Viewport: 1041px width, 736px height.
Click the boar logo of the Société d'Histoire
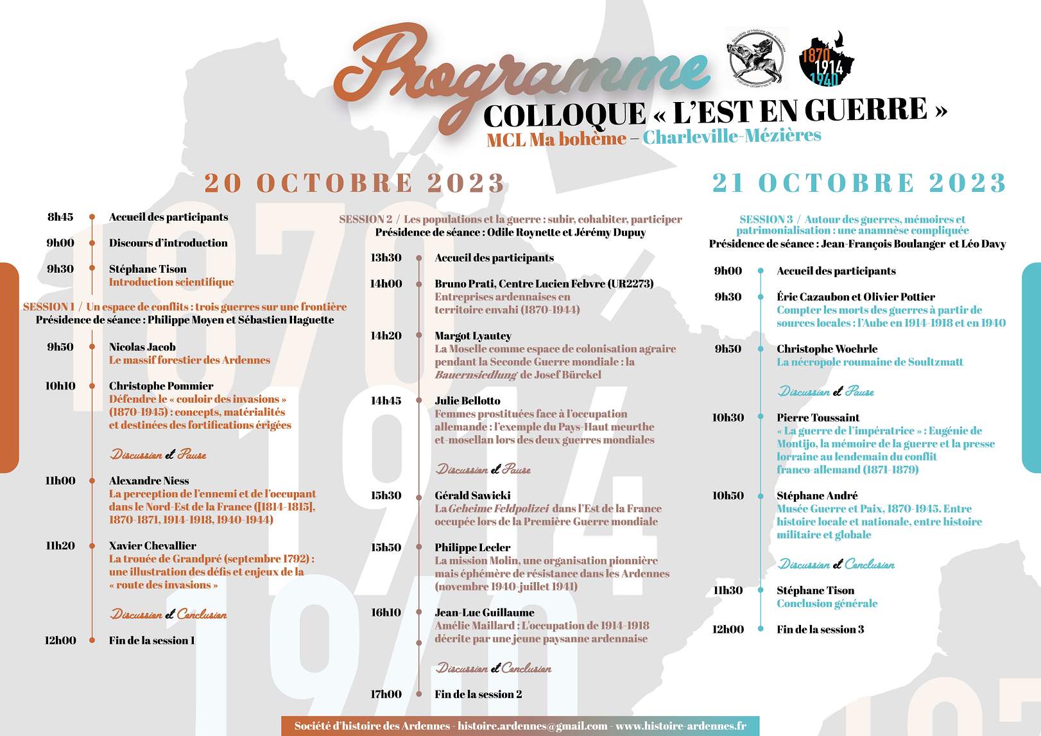[757, 58]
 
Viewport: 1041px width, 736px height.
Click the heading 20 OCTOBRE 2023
[354, 184]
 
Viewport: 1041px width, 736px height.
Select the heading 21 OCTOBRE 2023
[859, 184]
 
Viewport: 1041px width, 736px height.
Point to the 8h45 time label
[60, 217]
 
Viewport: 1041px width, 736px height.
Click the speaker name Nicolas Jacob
[142, 347]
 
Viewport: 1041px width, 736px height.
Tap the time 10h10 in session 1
[60, 386]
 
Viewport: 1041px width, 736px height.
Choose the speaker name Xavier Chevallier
[153, 546]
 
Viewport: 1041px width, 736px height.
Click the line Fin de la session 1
[151, 640]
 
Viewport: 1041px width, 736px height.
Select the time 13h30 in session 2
[386, 258]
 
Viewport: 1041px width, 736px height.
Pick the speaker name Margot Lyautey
[473, 336]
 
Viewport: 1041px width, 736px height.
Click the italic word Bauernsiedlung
[476, 375]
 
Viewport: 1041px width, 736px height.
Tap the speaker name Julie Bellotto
[467, 401]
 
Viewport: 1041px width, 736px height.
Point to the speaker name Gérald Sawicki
[472, 495]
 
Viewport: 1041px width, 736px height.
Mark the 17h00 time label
[386, 694]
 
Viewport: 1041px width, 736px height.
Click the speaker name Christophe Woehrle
[827, 349]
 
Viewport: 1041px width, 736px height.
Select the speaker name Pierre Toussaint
[818, 418]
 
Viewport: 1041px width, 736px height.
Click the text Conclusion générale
[827, 604]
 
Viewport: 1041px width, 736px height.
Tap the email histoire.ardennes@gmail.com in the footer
[532, 726]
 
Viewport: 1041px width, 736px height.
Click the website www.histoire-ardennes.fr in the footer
[681, 726]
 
